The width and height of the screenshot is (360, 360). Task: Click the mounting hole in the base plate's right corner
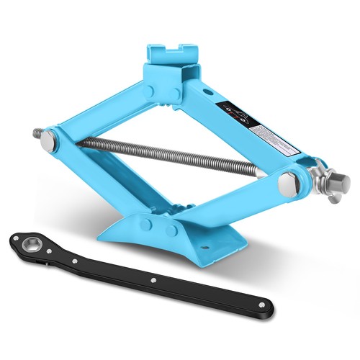211,250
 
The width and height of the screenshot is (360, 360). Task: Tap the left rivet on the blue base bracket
147,225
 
